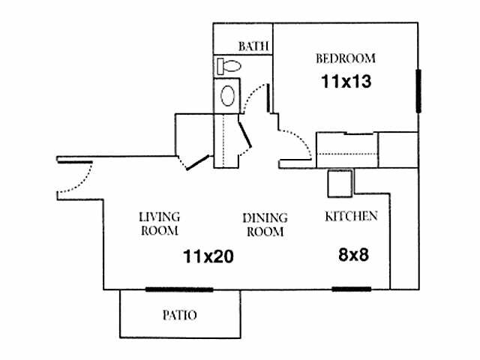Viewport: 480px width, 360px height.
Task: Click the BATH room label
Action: coord(253,46)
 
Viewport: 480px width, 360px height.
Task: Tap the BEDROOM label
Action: coord(346,58)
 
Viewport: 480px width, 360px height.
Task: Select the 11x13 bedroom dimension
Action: coord(346,80)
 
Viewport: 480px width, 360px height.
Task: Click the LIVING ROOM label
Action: coord(159,223)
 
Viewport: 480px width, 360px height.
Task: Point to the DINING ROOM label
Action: coord(263,224)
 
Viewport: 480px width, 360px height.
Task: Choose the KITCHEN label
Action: coord(350,217)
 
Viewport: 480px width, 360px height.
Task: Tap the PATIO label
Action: coord(180,315)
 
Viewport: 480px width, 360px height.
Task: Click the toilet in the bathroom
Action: coord(229,66)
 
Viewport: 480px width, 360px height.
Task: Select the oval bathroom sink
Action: coord(228,95)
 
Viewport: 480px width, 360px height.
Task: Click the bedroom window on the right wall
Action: coord(417,91)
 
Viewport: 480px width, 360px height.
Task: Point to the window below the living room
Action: coord(179,289)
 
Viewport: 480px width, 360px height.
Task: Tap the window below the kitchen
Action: coord(351,289)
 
